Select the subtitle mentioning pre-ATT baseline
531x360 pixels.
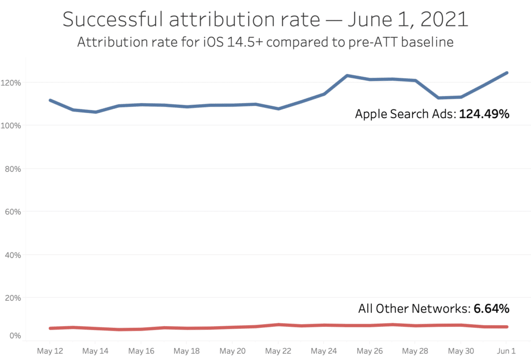[x=265, y=43]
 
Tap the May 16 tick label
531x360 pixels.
[x=142, y=351]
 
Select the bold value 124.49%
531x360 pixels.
[x=484, y=114]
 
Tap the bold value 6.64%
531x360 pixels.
[x=491, y=309]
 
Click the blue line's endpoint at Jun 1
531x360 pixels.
[x=507, y=73]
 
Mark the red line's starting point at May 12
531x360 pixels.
[x=50, y=328]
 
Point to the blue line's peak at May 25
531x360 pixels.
[x=347, y=76]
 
